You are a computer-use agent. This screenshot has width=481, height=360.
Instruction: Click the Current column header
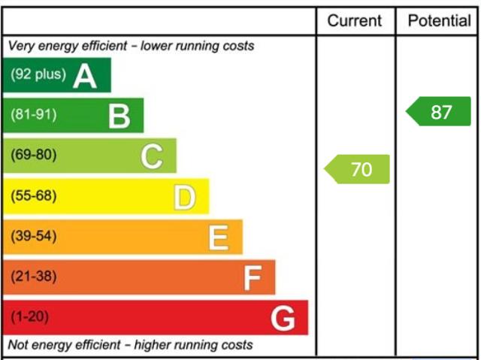354,21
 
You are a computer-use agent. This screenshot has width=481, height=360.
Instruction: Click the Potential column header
439,21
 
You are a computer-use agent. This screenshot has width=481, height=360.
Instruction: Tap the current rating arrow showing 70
357,169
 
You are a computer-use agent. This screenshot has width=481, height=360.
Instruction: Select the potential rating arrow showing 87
438,111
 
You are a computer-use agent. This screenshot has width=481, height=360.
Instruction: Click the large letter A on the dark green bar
85,77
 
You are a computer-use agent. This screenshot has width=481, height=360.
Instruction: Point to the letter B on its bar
119,116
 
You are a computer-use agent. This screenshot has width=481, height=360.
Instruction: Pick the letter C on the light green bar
152,156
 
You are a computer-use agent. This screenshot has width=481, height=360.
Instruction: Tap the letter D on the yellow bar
185,198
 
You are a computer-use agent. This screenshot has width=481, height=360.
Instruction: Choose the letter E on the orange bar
219,237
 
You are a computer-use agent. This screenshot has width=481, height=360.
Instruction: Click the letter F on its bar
253,278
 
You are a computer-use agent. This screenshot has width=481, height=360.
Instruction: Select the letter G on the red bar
283,319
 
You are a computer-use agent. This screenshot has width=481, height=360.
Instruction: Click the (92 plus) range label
38,74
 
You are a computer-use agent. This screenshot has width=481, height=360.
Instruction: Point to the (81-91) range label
34,114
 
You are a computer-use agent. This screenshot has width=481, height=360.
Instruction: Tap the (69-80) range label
34,154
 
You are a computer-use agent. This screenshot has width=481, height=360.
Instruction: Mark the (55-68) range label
34,195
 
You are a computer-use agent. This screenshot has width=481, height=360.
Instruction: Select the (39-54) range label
34,236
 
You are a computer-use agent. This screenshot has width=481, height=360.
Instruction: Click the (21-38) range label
34,276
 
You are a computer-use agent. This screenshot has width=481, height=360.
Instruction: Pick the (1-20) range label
30,316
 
